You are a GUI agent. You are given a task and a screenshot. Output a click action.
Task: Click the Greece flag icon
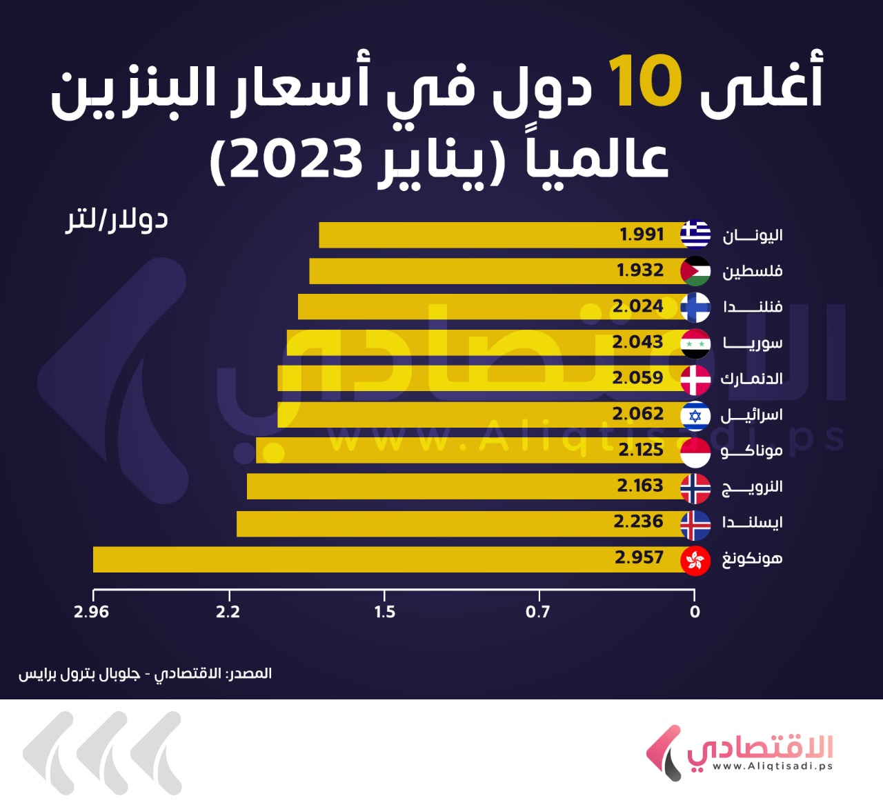(x=695, y=235)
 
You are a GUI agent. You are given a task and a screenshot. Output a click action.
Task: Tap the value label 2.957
(x=639, y=557)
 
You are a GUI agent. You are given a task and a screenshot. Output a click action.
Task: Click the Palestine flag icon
(x=695, y=271)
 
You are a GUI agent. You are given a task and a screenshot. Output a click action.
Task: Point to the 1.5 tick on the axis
(x=385, y=612)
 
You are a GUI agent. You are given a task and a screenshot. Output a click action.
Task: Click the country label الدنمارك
(x=751, y=379)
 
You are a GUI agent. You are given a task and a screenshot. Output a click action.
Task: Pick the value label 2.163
(x=639, y=486)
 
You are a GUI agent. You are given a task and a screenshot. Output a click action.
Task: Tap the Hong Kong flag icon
(x=695, y=559)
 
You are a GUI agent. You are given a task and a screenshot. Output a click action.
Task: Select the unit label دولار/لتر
(x=117, y=220)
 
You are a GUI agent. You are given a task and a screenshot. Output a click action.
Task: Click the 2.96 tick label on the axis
(x=92, y=612)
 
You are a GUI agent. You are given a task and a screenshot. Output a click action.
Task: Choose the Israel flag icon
(x=695, y=415)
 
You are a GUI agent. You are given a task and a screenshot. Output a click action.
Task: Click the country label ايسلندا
(x=752, y=522)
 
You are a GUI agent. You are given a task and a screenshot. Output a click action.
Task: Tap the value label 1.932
(x=640, y=270)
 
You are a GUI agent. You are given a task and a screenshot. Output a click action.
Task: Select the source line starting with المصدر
(x=145, y=673)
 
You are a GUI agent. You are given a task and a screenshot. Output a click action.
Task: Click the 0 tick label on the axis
(x=695, y=612)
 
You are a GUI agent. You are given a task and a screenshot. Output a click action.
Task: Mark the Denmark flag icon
(x=695, y=379)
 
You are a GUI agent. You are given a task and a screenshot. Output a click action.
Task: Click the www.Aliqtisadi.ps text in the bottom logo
(x=772, y=766)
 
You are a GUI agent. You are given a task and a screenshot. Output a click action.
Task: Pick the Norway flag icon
(x=695, y=488)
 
